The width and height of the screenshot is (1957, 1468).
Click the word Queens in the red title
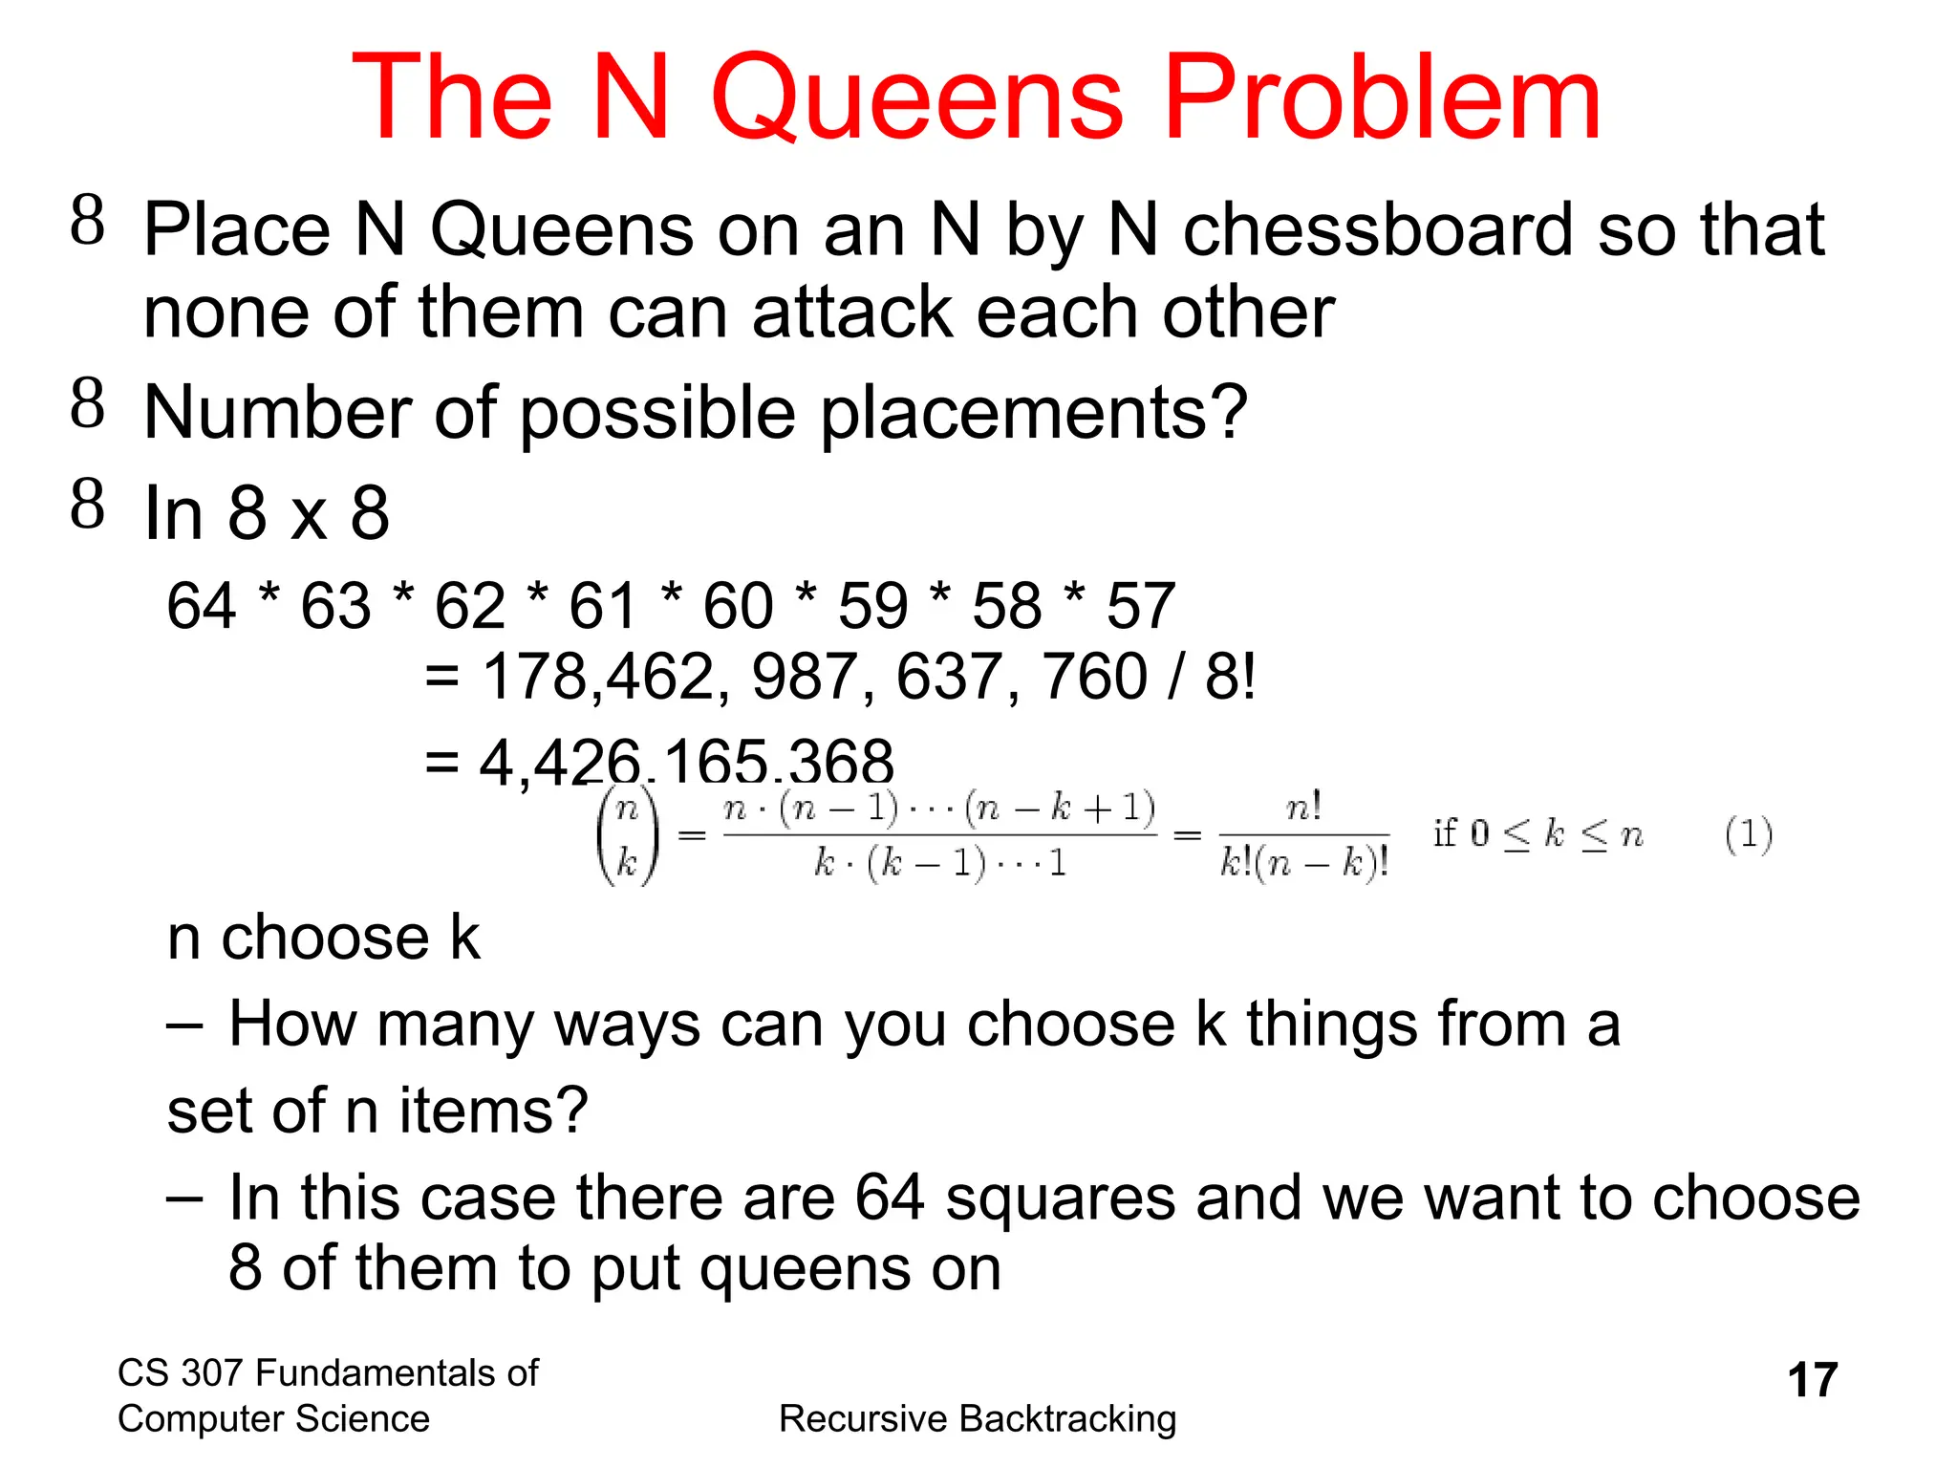coord(915,99)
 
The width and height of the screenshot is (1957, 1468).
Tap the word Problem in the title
coord(1382,99)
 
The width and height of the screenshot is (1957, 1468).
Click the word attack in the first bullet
coord(852,313)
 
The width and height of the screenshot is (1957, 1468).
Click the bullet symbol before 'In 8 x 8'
coord(87,504)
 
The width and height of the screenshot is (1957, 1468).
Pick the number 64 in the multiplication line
coord(201,606)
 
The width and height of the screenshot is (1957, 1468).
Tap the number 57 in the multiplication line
coord(1140,606)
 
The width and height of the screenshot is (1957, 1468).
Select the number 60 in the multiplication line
coord(738,606)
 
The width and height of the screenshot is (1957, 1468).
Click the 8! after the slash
coord(1230,677)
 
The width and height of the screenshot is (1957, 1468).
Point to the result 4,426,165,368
coord(686,762)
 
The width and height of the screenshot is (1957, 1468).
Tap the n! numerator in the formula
coord(1303,809)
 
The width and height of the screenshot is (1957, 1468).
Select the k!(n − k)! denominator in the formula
coord(1303,864)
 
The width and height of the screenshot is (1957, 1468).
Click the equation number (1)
coord(1749,835)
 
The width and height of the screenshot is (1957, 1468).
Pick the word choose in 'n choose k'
coord(325,938)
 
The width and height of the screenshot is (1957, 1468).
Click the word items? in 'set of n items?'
coord(493,1111)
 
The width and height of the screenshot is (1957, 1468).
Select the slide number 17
coord(1812,1380)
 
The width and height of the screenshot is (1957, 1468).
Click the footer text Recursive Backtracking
coord(978,1419)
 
